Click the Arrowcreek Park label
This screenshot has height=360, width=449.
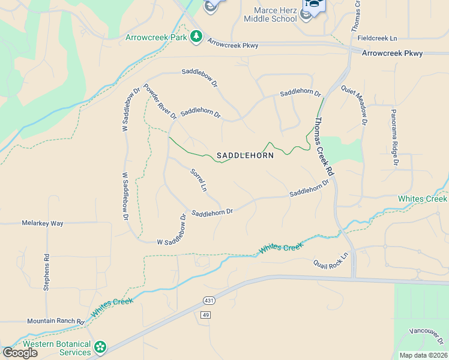pyautogui.click(x=156, y=37)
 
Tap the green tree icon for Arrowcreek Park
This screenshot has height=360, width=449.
pyautogui.click(x=196, y=37)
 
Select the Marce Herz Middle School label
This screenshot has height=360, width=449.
pyautogui.click(x=270, y=14)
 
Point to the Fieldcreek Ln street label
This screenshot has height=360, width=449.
pyautogui.click(x=377, y=38)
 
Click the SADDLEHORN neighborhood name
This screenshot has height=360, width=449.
pyautogui.click(x=245, y=155)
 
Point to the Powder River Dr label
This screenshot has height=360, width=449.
pyautogui.click(x=160, y=101)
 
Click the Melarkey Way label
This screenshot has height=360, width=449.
pyautogui.click(x=43, y=223)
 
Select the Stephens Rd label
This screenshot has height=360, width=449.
pyautogui.click(x=46, y=272)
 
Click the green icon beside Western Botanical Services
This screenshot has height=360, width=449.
pyautogui.click(x=100, y=347)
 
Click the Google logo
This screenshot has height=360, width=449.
pyautogui.click(x=20, y=353)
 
